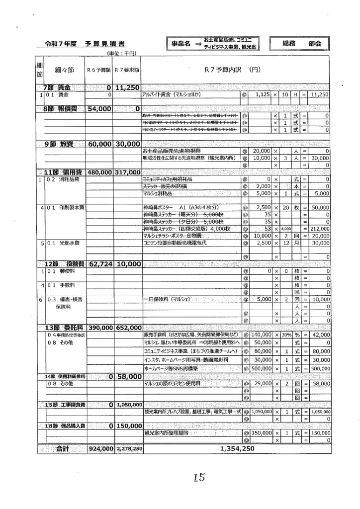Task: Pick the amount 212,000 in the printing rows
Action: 318,229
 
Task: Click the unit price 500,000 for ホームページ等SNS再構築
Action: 259,369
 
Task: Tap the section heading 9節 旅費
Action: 62,144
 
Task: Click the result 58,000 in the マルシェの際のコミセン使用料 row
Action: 318,384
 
